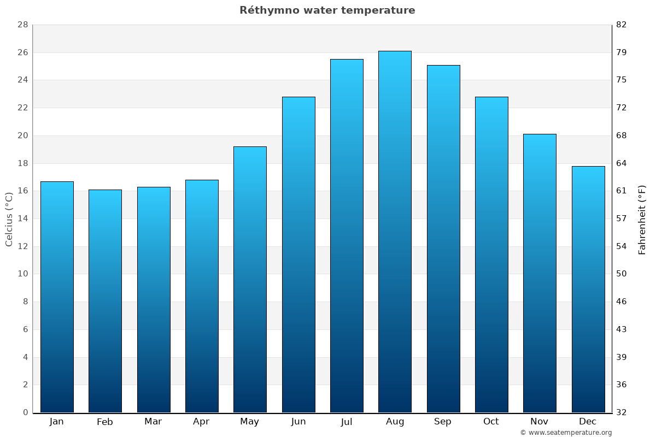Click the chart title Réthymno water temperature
coord(327,10)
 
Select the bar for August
coord(395,232)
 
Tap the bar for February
coord(105,301)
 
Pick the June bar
coord(298,255)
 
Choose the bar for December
coord(588,289)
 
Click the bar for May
coord(250,279)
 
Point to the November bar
coord(540,273)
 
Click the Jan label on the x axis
coord(57,422)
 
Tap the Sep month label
coord(443,422)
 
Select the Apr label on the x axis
coord(201,422)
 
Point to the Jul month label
coord(347,422)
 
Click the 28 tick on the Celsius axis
coord(22,25)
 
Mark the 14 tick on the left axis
coord(22,218)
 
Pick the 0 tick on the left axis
coord(25,412)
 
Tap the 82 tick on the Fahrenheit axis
coord(622,25)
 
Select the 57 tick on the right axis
coord(622,218)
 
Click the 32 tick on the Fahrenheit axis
coord(622,412)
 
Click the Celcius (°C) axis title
coord(9,219)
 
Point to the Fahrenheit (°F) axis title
coord(642,219)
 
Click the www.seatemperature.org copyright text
coord(566,433)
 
